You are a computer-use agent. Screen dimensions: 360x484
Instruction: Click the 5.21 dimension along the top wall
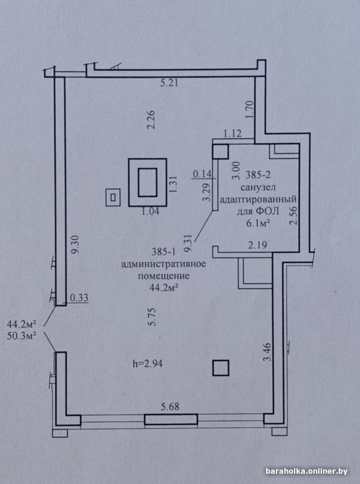pos(169,83)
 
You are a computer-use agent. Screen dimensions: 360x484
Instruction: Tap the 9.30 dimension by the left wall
pos(76,244)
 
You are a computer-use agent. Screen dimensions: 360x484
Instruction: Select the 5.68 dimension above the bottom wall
pos(170,407)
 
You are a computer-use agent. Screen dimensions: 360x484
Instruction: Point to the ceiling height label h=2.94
pos(148,364)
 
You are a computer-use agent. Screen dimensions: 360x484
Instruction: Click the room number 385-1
pos(163,252)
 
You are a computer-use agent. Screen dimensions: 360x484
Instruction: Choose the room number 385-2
pos(258,175)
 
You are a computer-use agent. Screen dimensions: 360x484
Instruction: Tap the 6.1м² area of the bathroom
pos(257,223)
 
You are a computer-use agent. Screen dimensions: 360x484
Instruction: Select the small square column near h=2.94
pos(221,368)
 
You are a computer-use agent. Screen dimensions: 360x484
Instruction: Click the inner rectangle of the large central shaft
pos(148,182)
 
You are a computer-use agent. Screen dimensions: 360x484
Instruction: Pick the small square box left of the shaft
pos(113,197)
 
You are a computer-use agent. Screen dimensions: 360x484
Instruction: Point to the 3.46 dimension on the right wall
pos(268,352)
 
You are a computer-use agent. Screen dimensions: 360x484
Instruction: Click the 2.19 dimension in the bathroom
pos(258,245)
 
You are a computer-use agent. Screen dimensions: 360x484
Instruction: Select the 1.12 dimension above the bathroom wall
pos(232,134)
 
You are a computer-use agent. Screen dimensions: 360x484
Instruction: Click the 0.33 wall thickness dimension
pos(79,298)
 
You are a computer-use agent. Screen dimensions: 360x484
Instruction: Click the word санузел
pos(258,188)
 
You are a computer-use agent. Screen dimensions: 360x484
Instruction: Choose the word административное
pos(163,264)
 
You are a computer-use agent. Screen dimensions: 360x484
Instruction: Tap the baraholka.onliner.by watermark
pos(307,471)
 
